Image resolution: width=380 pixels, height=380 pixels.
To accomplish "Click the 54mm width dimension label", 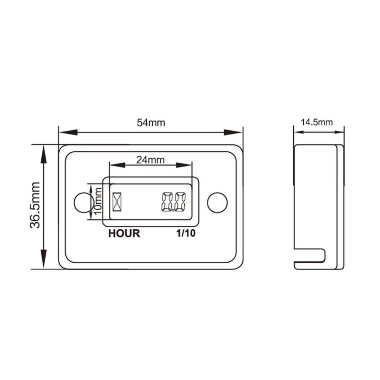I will click(x=151, y=123).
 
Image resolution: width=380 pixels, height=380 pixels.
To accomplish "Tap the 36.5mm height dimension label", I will click(x=35, y=205).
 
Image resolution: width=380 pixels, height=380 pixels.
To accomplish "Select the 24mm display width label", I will click(x=150, y=160).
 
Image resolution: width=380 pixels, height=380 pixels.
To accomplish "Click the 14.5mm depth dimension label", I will click(x=317, y=122).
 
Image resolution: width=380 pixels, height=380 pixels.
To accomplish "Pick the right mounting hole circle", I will click(x=216, y=202).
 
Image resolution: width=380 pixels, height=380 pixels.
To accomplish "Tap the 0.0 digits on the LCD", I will click(x=173, y=202).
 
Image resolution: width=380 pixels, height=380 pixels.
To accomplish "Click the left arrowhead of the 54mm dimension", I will click(x=67, y=133).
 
